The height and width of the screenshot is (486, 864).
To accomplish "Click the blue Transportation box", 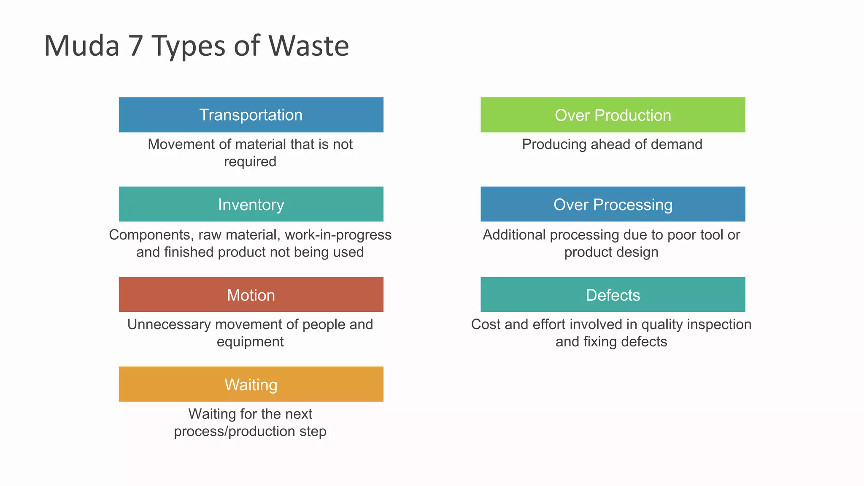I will [x=251, y=115].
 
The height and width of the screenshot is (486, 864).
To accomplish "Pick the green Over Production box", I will [x=613, y=115].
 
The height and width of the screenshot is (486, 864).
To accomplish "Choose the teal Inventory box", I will [x=251, y=204].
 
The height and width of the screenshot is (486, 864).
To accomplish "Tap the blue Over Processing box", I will [x=613, y=204].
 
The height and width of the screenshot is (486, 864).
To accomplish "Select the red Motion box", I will [x=251, y=294].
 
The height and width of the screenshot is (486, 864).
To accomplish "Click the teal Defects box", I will [x=613, y=294].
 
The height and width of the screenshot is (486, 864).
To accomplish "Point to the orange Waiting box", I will [x=251, y=384].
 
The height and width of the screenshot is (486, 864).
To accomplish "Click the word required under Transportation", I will [x=250, y=162].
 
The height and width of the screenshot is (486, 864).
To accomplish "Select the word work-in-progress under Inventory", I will [x=338, y=235].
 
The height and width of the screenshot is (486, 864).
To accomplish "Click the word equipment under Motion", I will [x=250, y=342].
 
